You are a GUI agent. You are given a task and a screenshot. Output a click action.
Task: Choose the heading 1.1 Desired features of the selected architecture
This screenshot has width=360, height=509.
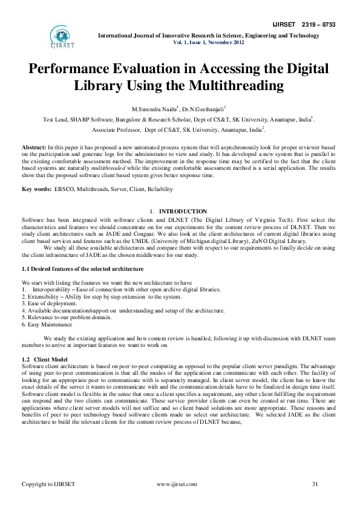[x=83, y=268]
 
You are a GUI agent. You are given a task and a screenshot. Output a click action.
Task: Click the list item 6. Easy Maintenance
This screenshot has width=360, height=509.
[x=47, y=325]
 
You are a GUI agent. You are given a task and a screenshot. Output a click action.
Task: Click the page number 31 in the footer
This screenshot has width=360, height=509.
[x=315, y=484]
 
